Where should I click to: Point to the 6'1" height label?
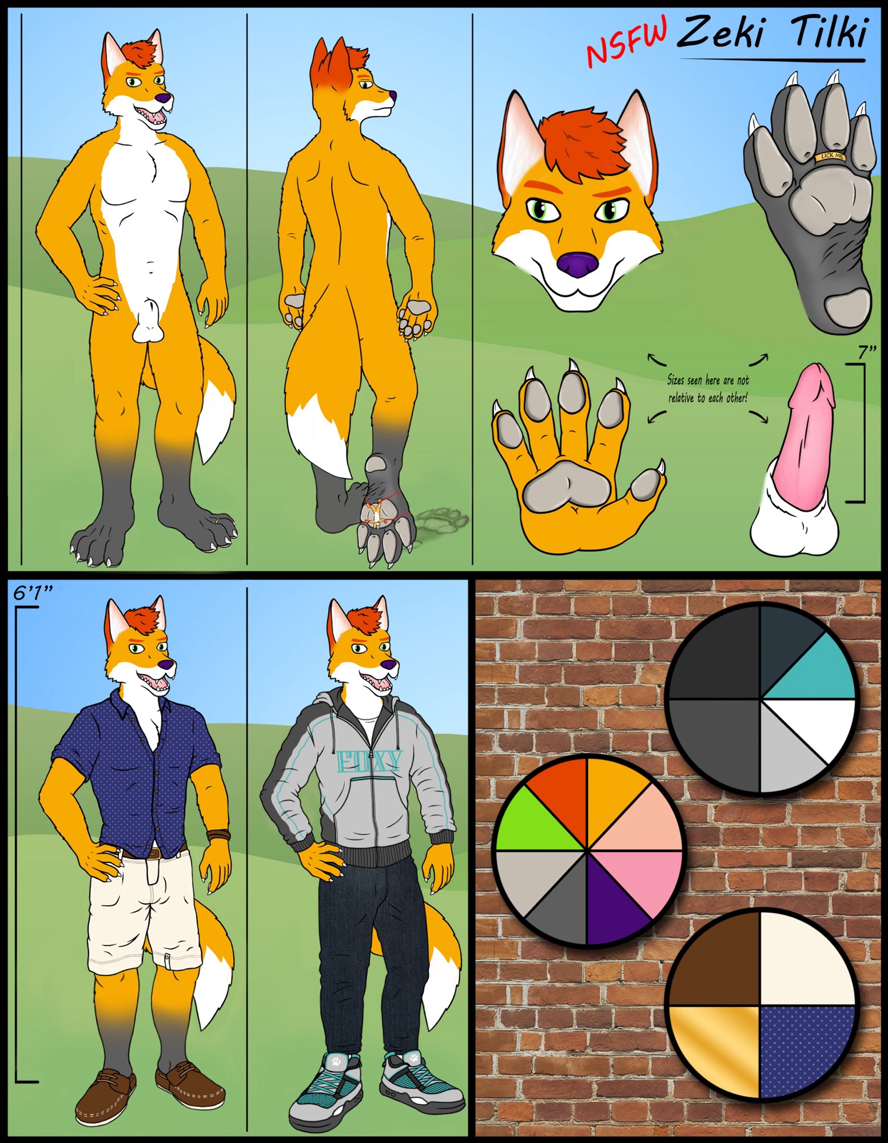pyautogui.click(x=33, y=593)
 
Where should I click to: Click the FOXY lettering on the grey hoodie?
pyautogui.click(x=369, y=761)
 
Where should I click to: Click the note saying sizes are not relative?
pyautogui.click(x=708, y=389)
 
